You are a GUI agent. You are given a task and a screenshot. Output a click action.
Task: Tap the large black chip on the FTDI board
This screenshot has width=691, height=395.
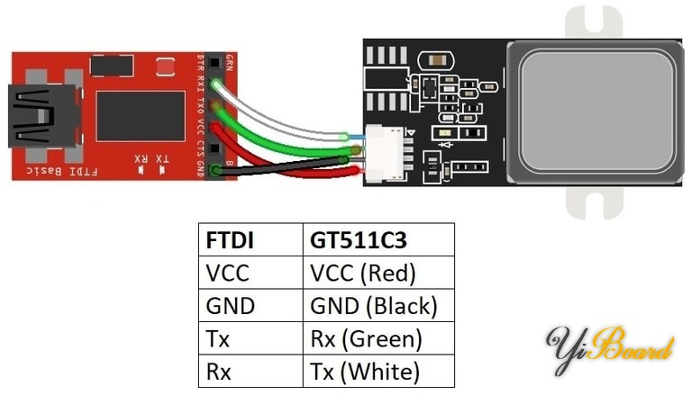click(140, 116)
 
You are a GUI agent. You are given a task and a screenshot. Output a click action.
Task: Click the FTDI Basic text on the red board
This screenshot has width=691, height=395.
click(63, 170)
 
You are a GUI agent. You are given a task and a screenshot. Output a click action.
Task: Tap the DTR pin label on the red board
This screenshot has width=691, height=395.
click(202, 65)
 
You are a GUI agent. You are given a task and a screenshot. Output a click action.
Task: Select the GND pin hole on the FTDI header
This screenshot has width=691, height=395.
click(215, 170)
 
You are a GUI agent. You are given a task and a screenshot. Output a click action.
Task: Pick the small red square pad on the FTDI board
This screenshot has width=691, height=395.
click(164, 67)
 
